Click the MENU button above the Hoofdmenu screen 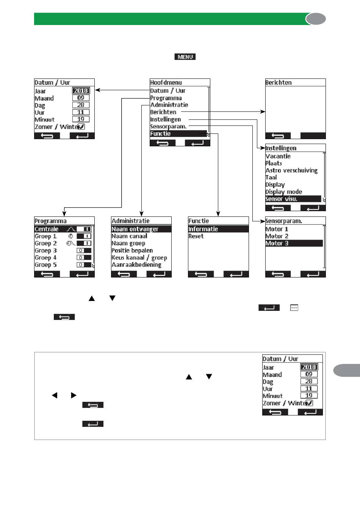click(185, 57)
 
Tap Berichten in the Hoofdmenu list click(163, 112)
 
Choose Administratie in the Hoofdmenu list click(169, 105)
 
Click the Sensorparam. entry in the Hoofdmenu click(168, 127)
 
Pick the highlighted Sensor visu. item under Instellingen click(281, 199)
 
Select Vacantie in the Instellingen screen click(278, 156)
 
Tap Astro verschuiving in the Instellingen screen click(291, 171)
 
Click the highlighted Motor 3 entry click(277, 243)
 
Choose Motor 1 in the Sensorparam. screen click(277, 229)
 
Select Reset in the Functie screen click(196, 236)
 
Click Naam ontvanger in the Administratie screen click(135, 229)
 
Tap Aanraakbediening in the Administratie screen click(136, 265)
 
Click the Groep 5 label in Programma click(45, 265)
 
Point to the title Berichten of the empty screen click(279, 83)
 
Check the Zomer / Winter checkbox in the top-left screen click(81, 127)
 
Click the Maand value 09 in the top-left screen click(81, 98)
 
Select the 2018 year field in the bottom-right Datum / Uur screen click(309, 367)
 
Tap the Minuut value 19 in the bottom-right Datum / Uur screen click(309, 395)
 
